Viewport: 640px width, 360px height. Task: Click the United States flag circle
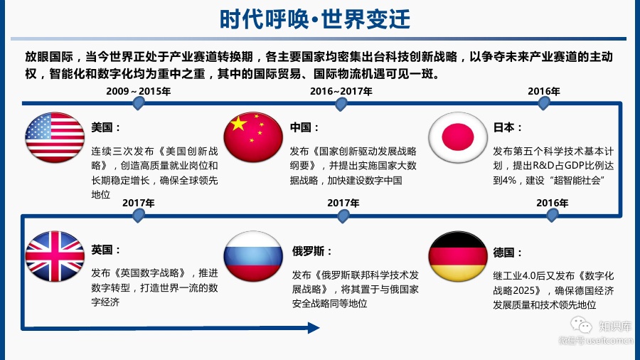pyautogui.click(x=55, y=137)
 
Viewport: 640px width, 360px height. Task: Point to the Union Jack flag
pyautogui.click(x=55, y=257)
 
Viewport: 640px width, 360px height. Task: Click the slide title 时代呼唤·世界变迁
pyautogui.click(x=320, y=18)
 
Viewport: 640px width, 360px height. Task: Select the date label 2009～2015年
pyautogui.click(x=139, y=91)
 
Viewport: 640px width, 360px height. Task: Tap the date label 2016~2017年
pyautogui.click(x=341, y=91)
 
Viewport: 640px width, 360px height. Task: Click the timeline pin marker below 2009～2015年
pyautogui.click(x=139, y=104)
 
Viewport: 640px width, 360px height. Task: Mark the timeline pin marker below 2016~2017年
pyautogui.click(x=341, y=104)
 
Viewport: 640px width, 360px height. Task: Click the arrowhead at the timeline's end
pyautogui.click(x=312, y=328)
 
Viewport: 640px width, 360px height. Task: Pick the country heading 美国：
pyautogui.click(x=106, y=128)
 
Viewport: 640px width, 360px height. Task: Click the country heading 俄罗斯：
pyautogui.click(x=312, y=251)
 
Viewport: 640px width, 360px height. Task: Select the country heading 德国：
pyautogui.click(x=508, y=253)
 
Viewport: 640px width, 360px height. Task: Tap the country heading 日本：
pyautogui.click(x=508, y=128)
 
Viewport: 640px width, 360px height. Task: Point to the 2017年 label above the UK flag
pyautogui.click(x=139, y=203)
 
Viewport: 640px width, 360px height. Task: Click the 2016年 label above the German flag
pyautogui.click(x=553, y=203)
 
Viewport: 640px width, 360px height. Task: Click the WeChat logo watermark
pyautogui.click(x=583, y=327)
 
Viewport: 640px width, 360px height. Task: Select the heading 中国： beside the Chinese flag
pyautogui.click(x=304, y=128)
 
